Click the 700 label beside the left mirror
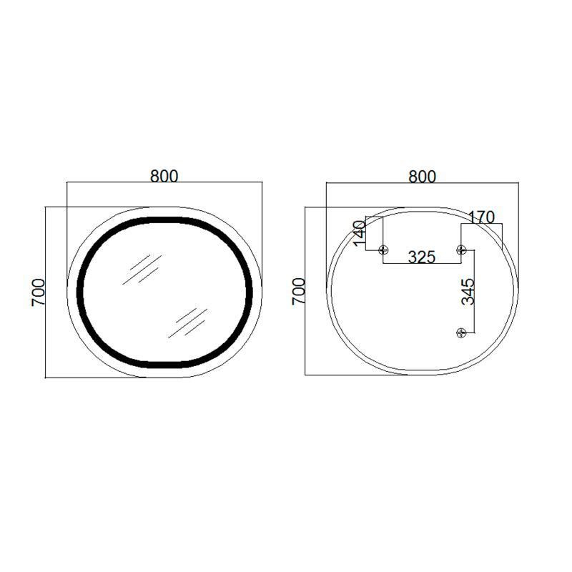39,292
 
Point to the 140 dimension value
360,233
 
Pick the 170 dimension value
481,217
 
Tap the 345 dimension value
468,292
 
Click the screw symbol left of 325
384,250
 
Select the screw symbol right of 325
461,250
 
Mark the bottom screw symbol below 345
461,332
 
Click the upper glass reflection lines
140,269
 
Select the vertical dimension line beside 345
458,292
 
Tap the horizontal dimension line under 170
482,224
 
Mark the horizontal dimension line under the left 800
164,183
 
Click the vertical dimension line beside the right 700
305,292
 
